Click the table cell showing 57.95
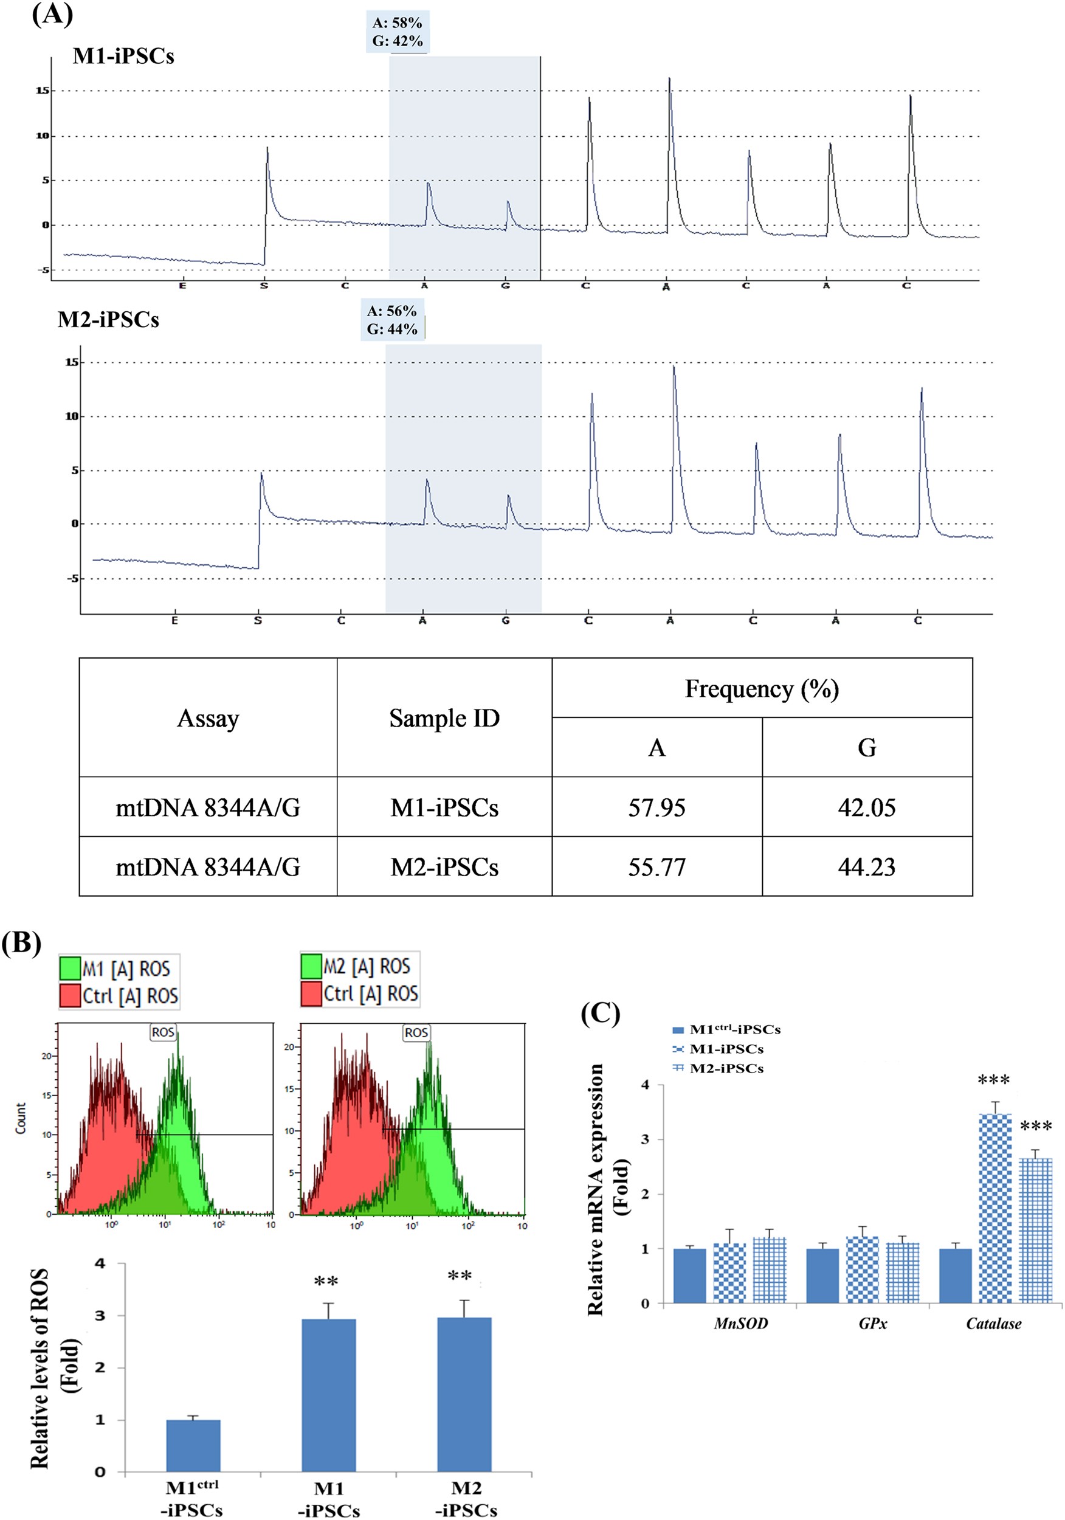coord(656,807)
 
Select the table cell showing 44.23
coord(866,866)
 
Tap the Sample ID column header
coord(444,717)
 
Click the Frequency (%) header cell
coord(761,688)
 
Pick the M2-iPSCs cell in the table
coord(444,866)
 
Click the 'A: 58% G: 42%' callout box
coord(397,32)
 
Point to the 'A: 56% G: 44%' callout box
coord(392,320)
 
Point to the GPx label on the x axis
coord(872,1324)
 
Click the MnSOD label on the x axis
coord(740,1324)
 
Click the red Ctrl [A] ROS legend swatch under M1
coord(69,996)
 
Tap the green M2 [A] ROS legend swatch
coord(311,966)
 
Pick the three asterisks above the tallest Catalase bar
coord(993,1080)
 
